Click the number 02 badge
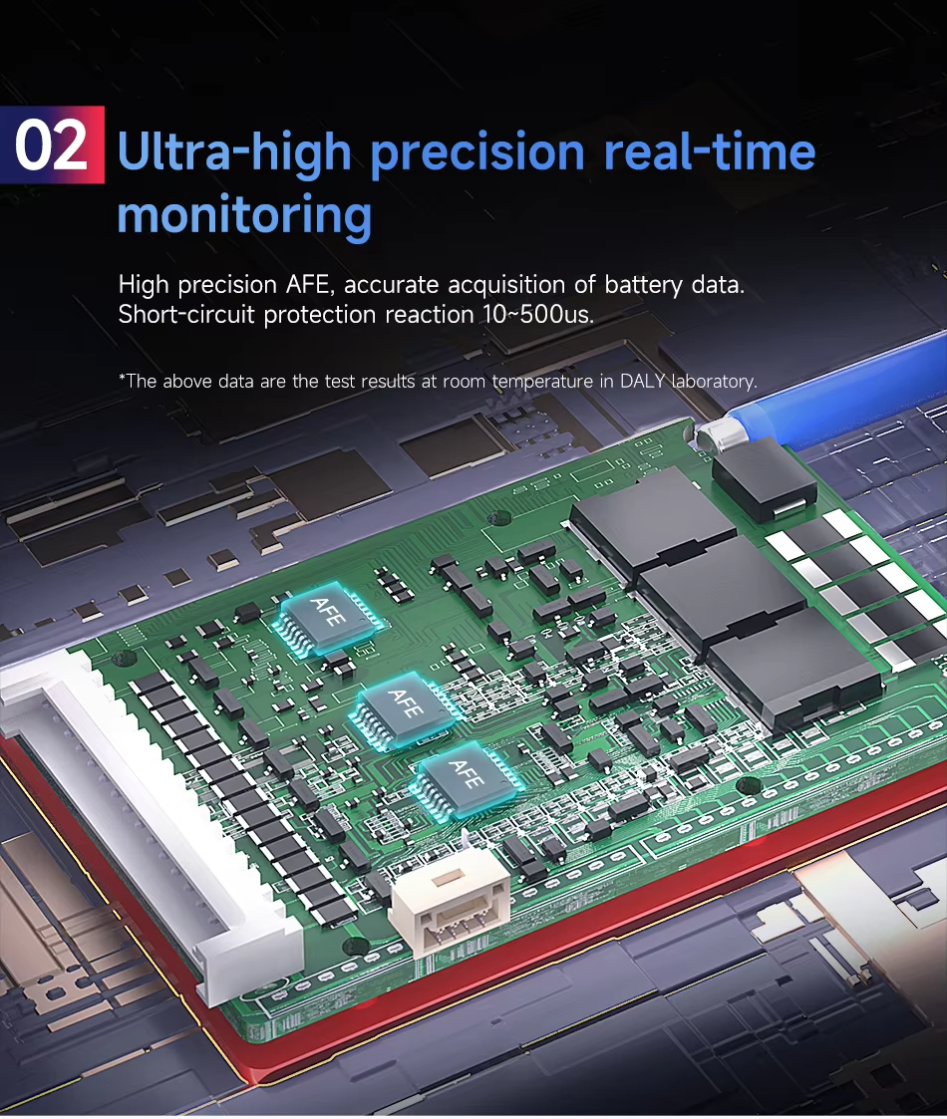click(52, 144)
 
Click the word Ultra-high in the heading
click(234, 152)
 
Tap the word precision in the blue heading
click(477, 152)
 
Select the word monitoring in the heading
click(244, 215)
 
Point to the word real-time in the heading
click(710, 151)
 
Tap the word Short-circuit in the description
click(186, 315)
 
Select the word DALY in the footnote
click(643, 381)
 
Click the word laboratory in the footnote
click(714, 382)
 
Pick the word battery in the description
click(644, 285)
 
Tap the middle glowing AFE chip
click(405, 709)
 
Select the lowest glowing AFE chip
click(467, 780)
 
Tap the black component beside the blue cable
click(765, 479)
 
